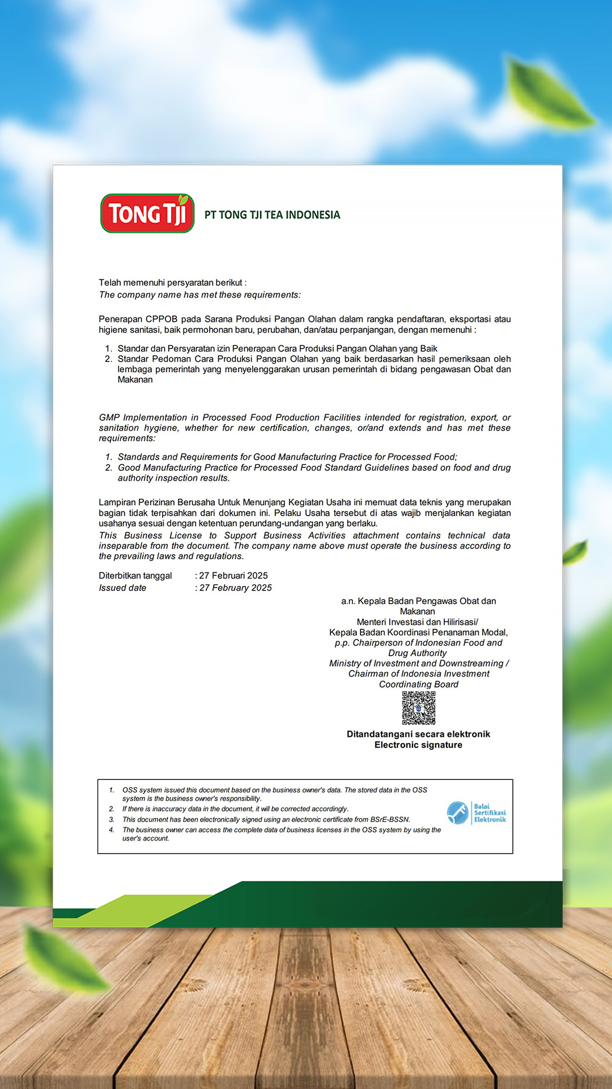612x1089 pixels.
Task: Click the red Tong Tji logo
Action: (147, 213)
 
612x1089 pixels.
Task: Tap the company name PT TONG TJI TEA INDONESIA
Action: (272, 215)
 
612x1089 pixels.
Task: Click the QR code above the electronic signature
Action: (419, 708)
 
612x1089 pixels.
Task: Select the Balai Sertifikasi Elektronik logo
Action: (476, 813)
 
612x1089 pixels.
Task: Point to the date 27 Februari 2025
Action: (233, 576)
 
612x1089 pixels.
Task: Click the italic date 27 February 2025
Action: (236, 588)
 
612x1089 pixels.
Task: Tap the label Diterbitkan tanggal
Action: (135, 576)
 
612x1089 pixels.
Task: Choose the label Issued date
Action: (122, 588)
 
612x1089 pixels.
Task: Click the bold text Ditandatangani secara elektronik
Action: (418, 734)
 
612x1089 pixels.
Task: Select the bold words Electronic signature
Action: (418, 745)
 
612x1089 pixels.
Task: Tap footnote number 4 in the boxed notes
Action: (112, 830)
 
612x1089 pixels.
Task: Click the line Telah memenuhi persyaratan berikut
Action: (172, 282)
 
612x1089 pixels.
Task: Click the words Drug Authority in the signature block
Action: (418, 653)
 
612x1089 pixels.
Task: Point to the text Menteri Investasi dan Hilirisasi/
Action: (418, 622)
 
